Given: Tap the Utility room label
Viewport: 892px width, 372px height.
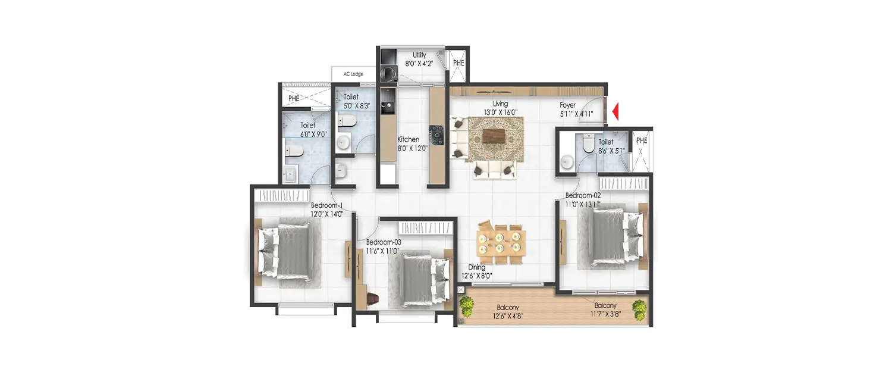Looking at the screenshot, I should coord(419,55).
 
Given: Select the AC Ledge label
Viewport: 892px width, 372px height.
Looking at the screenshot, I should coord(353,74).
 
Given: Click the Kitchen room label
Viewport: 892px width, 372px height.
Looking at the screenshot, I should coord(409,140).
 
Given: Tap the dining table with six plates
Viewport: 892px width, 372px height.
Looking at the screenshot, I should coord(501,243).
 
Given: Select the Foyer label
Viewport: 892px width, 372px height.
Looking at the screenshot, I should coord(568,105).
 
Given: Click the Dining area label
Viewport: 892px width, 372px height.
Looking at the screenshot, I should coord(476,268).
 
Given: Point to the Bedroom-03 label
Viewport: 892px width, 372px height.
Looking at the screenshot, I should coord(384,242).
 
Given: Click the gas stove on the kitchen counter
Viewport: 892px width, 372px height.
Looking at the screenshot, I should coord(438,135).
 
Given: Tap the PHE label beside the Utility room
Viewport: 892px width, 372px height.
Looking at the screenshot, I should coord(458,62).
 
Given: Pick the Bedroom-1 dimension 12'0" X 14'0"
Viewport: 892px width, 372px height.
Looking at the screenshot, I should coord(327,214).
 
